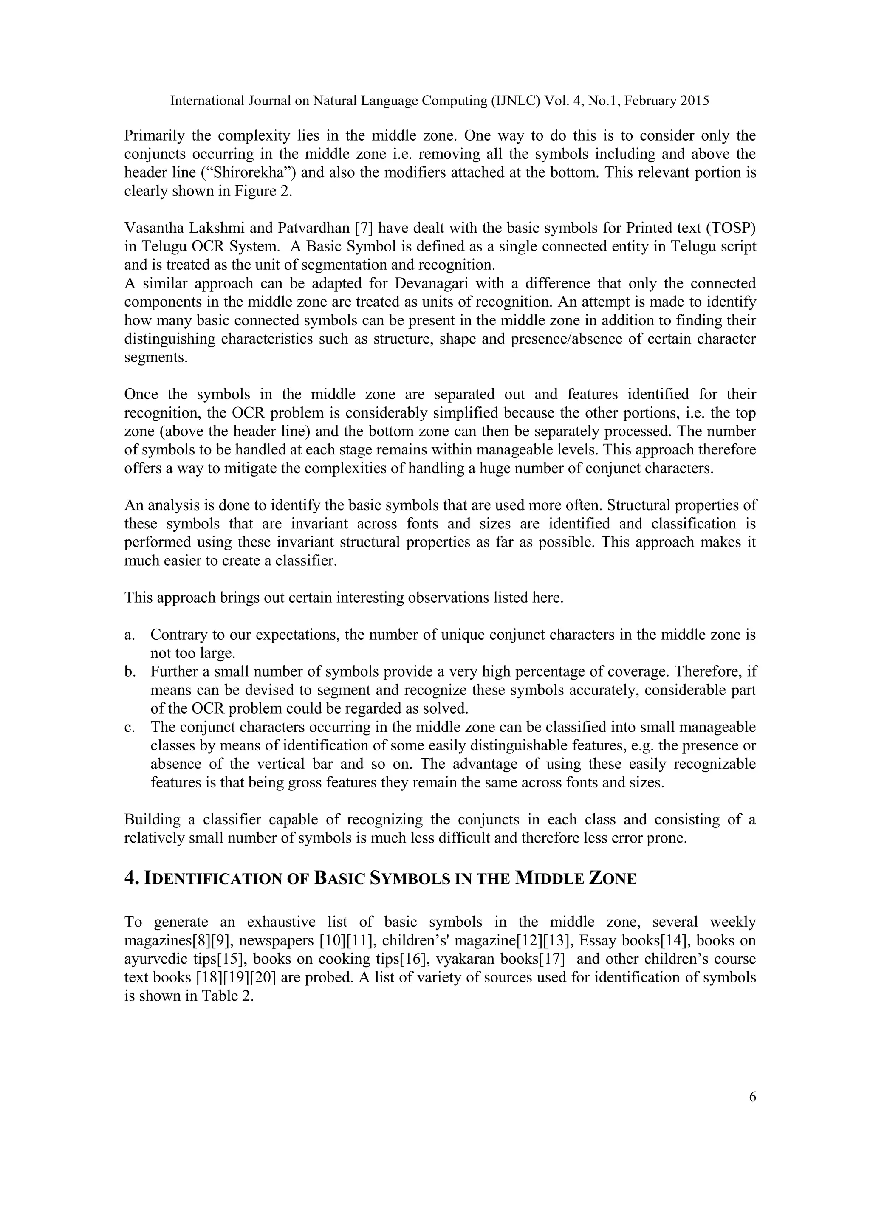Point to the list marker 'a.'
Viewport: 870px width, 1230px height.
[x=129, y=635]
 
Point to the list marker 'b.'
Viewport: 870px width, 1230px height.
[x=129, y=672]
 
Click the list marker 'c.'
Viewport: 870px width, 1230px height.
[x=129, y=728]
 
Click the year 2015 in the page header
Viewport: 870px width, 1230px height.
[x=695, y=101]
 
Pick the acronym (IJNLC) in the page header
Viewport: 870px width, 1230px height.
[x=515, y=101]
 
